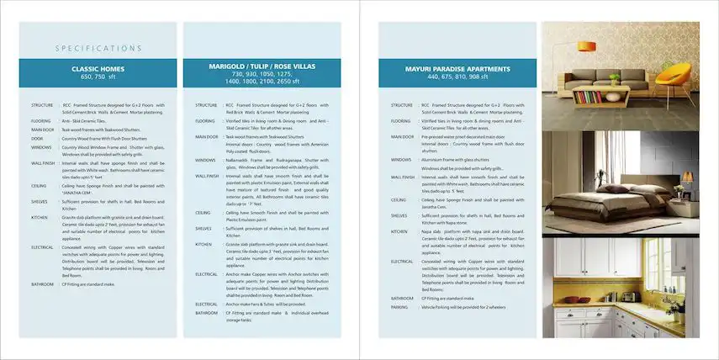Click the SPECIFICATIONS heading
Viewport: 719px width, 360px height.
(x=98, y=49)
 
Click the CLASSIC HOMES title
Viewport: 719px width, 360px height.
(x=98, y=69)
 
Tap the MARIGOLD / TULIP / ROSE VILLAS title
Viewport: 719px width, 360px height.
(x=262, y=65)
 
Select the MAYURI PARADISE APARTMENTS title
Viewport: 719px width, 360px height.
(x=457, y=69)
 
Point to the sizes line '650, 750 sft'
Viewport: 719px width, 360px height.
(x=98, y=77)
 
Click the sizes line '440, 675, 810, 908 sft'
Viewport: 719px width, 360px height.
(x=457, y=77)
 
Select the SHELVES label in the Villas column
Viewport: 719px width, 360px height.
(x=204, y=228)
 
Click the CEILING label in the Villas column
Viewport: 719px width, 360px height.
(x=203, y=213)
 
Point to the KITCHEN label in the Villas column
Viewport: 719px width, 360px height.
(x=204, y=244)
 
